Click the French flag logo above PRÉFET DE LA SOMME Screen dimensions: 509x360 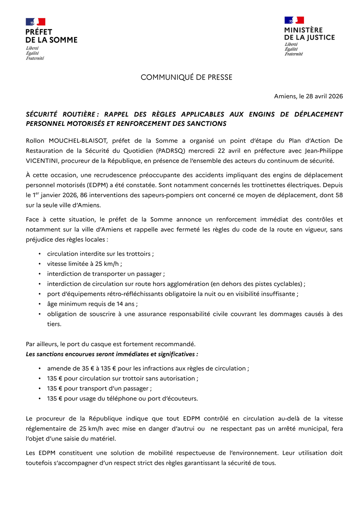tap(36, 22)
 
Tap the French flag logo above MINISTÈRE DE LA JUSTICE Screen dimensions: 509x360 tap(294, 20)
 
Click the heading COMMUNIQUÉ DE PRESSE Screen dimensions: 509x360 tap(186, 77)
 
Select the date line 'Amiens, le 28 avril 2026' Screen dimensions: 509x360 tap(308, 96)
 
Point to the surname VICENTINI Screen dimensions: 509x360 tap(41, 160)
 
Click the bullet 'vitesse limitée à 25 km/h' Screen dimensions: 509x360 tap(84, 264)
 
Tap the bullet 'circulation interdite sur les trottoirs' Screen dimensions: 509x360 tap(100, 254)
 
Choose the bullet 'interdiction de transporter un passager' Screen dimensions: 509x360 tap(105, 274)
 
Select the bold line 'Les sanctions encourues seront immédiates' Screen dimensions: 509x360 tap(112, 354)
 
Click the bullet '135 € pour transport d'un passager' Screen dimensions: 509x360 tap(99, 388)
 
